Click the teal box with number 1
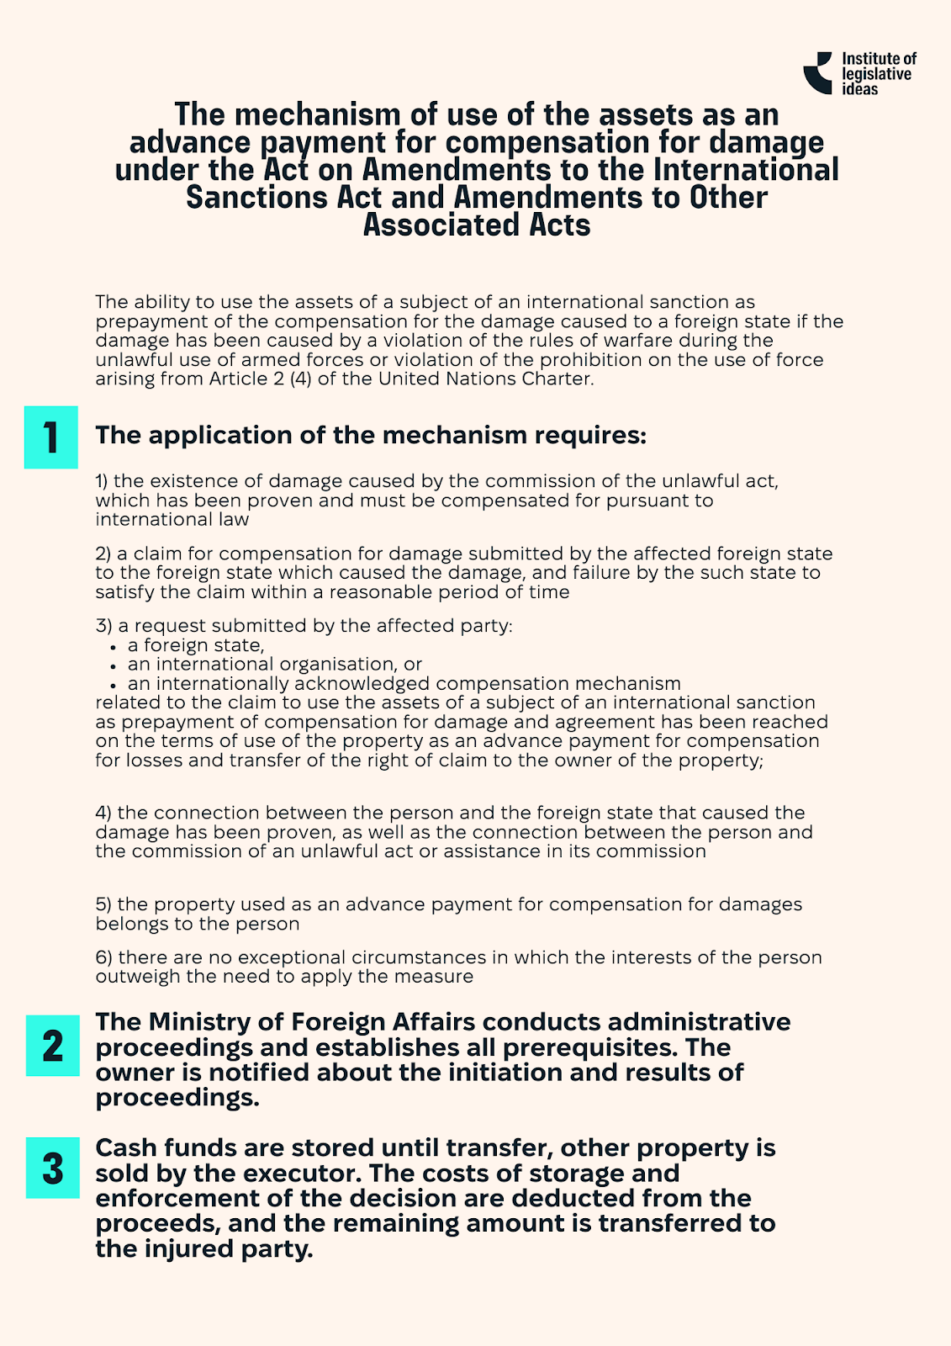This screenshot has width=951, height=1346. (50, 437)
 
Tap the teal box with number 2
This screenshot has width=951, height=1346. (52, 1046)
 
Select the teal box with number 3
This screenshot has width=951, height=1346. (52, 1168)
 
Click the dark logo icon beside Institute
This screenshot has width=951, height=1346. (818, 72)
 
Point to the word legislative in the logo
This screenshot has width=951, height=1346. (876, 74)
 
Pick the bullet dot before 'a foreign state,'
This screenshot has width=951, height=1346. (113, 647)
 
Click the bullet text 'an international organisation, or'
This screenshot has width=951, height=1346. (274, 665)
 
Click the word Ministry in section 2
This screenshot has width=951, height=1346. (203, 1022)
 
